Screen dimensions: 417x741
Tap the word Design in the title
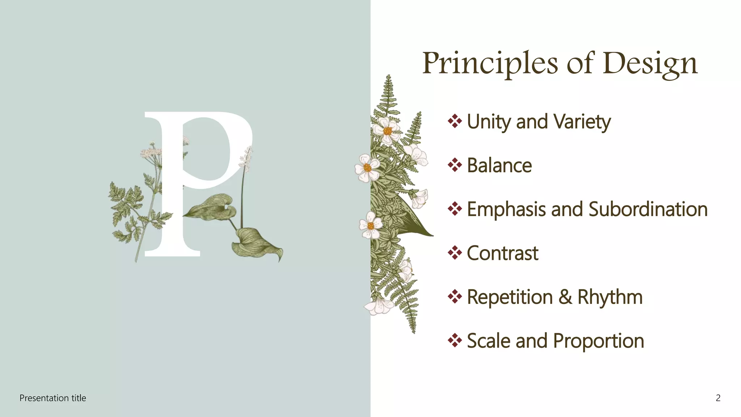(650, 63)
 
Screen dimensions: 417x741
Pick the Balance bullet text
(499, 166)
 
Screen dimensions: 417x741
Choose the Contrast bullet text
(503, 253)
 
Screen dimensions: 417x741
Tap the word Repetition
(510, 297)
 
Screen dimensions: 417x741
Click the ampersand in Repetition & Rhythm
(565, 297)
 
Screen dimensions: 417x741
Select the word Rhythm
(610, 297)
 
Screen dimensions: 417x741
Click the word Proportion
(598, 341)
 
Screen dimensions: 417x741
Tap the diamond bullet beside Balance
(455, 165)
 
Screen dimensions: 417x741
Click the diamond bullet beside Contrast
(455, 253)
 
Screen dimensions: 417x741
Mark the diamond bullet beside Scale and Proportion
(455, 340)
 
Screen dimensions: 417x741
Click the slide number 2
(718, 398)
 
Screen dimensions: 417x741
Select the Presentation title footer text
(53, 398)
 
